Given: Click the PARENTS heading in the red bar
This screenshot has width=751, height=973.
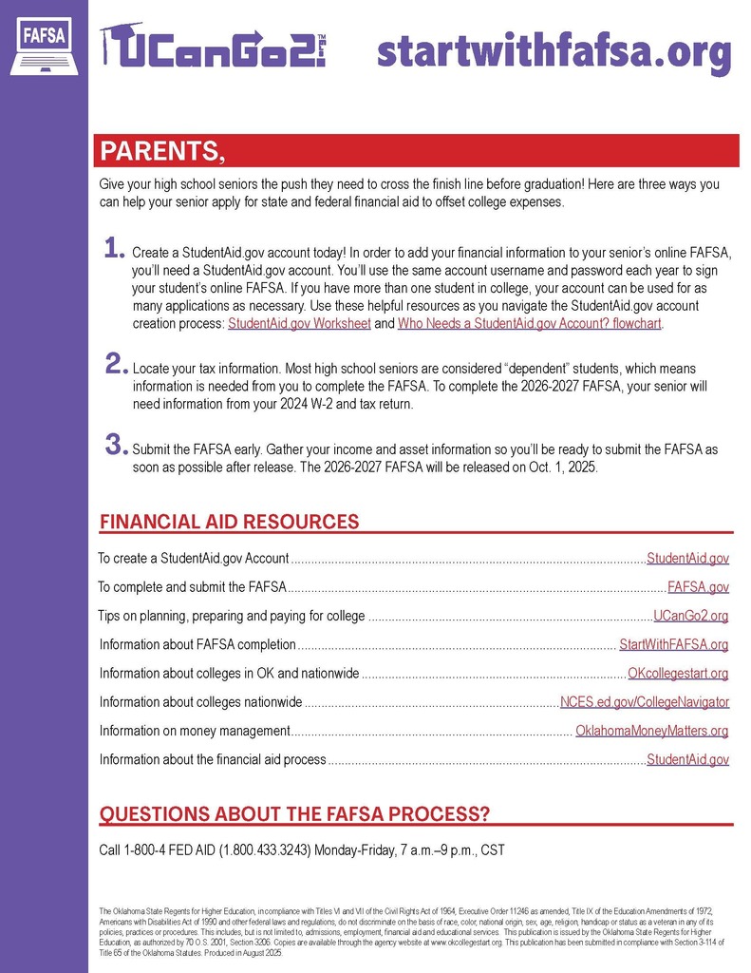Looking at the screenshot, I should [162, 152].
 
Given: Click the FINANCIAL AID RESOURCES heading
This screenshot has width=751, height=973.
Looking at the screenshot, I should [230, 522].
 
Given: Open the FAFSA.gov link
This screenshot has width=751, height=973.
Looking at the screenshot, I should [698, 587].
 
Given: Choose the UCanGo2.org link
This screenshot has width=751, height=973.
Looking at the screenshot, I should [691, 616].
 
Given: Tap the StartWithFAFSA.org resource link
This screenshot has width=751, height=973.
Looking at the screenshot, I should [673, 645].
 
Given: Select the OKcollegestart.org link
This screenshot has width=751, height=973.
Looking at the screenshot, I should [678, 674].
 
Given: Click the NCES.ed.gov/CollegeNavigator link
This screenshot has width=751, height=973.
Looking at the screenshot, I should [645, 702].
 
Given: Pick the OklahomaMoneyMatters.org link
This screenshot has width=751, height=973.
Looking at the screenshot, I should [652, 731].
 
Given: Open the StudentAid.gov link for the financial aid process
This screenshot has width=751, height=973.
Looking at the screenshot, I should [687, 759].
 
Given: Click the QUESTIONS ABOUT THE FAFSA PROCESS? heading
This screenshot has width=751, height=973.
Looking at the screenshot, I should [295, 814].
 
